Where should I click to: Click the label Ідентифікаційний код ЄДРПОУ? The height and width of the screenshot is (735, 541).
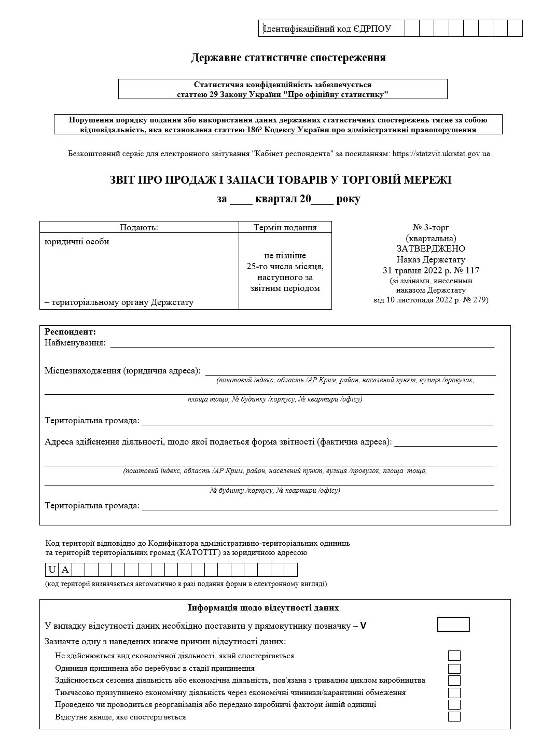click(x=328, y=29)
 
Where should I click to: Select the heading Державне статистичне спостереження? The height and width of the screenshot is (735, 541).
click(x=288, y=58)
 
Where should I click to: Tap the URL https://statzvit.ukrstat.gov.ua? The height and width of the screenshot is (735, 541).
click(x=441, y=154)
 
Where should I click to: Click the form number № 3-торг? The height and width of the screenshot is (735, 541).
click(x=431, y=227)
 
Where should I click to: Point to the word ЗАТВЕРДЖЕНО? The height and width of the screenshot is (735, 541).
click(x=431, y=249)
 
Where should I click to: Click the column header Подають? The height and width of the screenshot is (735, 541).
click(x=139, y=227)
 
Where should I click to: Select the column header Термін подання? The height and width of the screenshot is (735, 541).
click(x=285, y=227)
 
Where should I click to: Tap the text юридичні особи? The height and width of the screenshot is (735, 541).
click(x=77, y=242)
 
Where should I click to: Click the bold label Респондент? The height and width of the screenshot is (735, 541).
click(x=71, y=332)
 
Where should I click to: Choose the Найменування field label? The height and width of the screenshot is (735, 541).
click(x=75, y=343)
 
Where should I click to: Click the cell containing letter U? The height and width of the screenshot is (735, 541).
click(x=52, y=570)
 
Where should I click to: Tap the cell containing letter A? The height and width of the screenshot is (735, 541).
click(x=65, y=570)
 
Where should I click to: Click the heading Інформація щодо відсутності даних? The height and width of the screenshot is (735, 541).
click(x=263, y=608)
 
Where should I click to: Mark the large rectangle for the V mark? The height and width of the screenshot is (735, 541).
click(x=453, y=625)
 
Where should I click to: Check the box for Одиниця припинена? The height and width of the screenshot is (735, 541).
click(x=454, y=669)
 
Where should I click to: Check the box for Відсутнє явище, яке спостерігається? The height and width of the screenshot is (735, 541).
click(x=454, y=717)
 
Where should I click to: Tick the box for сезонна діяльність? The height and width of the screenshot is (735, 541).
click(x=454, y=681)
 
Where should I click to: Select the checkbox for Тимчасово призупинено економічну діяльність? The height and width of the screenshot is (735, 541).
click(x=454, y=693)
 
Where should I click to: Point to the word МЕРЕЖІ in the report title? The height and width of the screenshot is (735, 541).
click(x=428, y=180)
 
